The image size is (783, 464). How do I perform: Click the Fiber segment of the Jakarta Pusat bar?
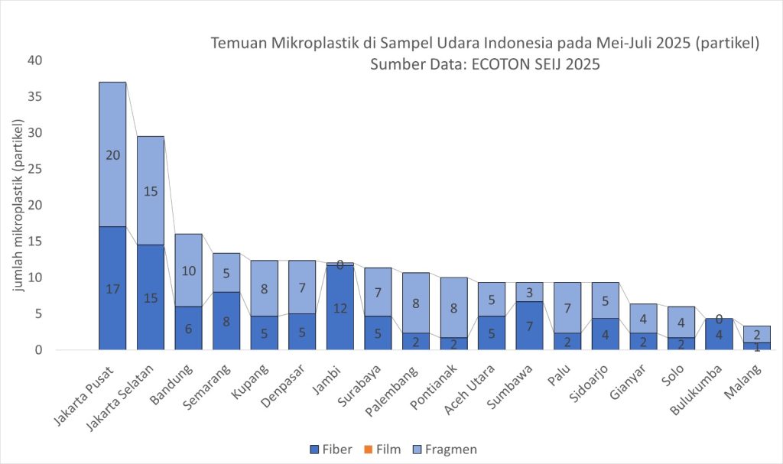point(112,288)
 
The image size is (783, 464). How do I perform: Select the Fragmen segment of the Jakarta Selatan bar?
point(151,190)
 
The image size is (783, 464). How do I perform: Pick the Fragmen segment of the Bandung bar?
point(188,271)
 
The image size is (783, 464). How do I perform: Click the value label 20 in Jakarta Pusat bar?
point(112,154)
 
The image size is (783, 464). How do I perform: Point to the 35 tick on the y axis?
point(36,96)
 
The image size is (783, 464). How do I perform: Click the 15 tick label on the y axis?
point(36,242)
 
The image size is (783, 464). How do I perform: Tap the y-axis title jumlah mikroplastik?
point(17,204)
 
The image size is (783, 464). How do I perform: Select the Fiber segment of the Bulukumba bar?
point(718,334)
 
